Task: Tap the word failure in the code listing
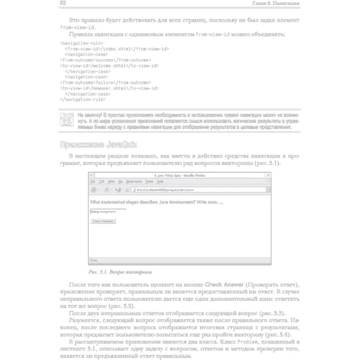[x=105, y=81]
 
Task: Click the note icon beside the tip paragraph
[x=66, y=118]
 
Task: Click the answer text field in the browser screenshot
[x=105, y=213]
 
